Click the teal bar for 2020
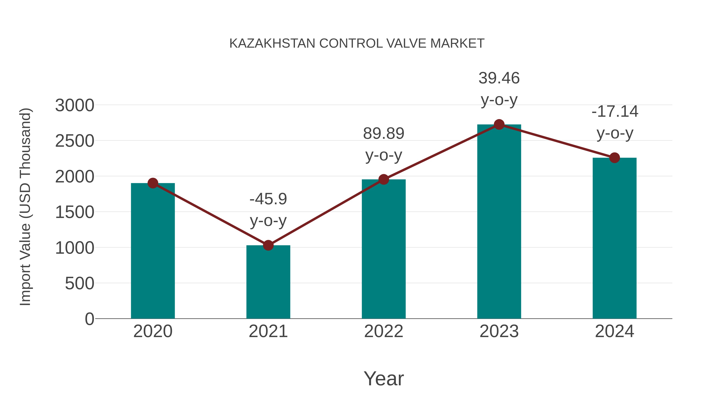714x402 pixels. pos(153,251)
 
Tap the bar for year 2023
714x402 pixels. pos(499,222)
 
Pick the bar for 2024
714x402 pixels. pos(614,239)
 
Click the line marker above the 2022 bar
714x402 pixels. pos(384,179)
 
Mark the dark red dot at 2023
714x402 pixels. pos(499,124)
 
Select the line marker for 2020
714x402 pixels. pos(153,183)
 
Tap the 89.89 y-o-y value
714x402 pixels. pos(384,134)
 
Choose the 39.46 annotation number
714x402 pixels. pos(499,78)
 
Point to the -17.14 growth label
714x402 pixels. pos(614,112)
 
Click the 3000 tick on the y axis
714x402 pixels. pos(75,106)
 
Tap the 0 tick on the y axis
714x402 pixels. pos(89,319)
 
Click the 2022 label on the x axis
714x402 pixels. pos(384,332)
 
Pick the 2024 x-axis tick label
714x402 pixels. pos(614,332)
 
